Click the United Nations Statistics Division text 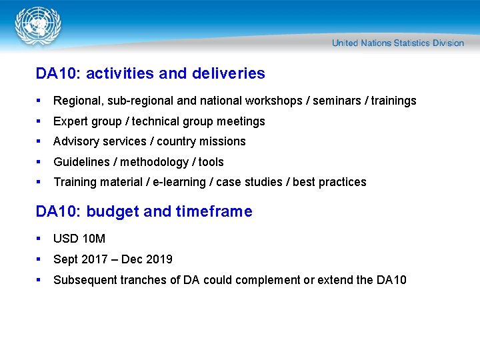click(397, 43)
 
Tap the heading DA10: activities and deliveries click(150, 73)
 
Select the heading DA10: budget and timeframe click(144, 212)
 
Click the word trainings click(393, 101)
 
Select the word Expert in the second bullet click(70, 121)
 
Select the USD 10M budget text click(79, 239)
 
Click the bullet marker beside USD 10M click(40, 239)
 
